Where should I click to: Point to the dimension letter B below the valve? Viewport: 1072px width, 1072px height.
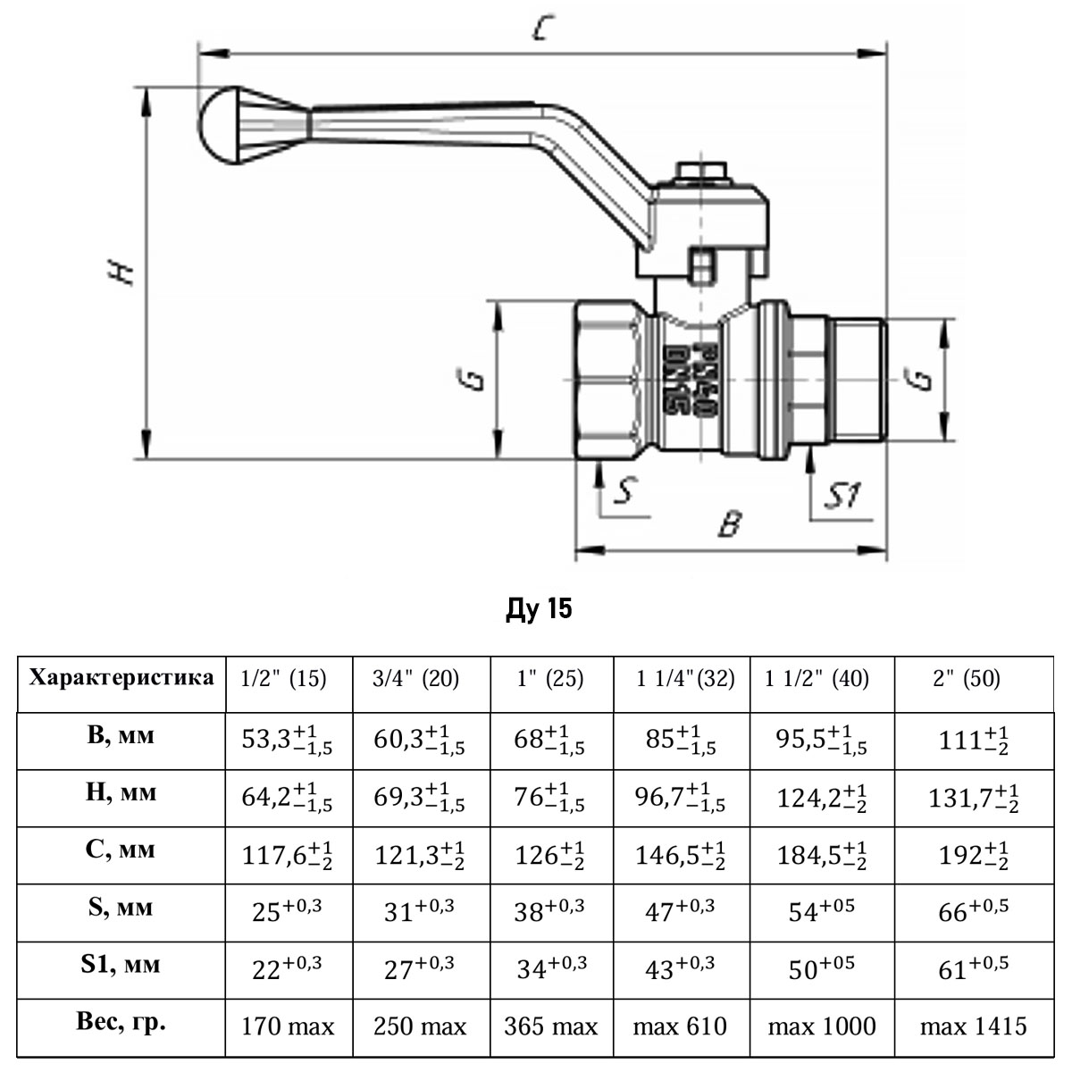[730, 523]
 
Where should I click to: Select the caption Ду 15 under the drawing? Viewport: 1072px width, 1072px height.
[538, 609]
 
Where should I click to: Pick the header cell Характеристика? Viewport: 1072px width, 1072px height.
[121, 677]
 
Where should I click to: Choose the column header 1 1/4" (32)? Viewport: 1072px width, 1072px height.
[685, 679]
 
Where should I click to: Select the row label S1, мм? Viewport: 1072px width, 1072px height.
[121, 965]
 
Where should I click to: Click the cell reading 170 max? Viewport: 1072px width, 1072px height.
[288, 1026]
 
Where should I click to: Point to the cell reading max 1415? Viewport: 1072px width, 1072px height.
[973, 1026]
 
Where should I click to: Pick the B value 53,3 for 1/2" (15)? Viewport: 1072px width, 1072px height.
[288, 741]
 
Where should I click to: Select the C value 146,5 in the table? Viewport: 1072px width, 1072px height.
[680, 855]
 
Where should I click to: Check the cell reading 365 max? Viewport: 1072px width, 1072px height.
[550, 1026]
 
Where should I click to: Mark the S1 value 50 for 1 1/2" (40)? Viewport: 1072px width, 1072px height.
[821, 968]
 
